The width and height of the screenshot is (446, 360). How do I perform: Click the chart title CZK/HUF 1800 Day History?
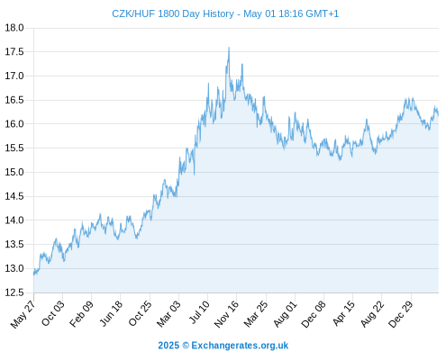pos(173,13)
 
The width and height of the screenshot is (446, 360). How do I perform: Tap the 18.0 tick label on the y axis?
pos(14,28)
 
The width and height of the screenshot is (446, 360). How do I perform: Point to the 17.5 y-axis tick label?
pos(14,52)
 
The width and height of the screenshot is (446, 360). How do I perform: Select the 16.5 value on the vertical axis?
pos(14,100)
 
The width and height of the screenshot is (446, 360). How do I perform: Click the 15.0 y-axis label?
pos(14,172)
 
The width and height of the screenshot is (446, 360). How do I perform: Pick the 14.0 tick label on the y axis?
pos(14,220)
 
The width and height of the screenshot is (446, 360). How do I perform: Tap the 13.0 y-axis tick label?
pos(14,268)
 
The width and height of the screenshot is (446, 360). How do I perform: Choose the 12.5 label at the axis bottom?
pos(14,292)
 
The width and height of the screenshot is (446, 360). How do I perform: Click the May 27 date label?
pos(23,314)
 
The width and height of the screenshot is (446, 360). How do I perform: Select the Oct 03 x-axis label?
pos(53,313)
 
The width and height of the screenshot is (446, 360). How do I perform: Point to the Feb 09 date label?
pos(81,314)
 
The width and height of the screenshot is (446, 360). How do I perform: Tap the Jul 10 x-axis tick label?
pos(199,312)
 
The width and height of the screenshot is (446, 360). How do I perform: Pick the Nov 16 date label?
pos(226,314)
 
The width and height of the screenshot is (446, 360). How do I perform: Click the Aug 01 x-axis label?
pos(285,314)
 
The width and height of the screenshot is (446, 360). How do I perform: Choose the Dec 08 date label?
pos(314,314)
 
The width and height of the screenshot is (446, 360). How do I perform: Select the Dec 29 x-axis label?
pos(401,314)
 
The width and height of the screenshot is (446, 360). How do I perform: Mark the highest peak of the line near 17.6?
pos(229,48)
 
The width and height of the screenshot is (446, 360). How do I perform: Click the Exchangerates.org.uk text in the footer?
pos(240,346)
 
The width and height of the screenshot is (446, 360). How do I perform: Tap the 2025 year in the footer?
pos(168,346)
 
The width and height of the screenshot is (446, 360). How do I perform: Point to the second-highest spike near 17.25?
pos(242,64)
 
